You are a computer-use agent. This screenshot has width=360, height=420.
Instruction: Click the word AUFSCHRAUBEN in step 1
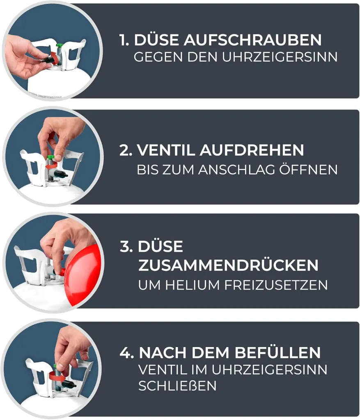pos(252,40)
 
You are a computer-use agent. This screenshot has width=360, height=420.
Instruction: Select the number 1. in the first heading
pos(124,40)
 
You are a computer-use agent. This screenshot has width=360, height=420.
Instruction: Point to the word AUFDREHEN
pos(252,150)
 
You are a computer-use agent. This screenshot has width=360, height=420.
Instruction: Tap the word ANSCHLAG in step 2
pos(237,169)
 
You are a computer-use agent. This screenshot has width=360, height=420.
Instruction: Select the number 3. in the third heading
pos(126,246)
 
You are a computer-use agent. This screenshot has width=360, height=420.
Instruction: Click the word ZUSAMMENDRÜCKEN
pos(228,265)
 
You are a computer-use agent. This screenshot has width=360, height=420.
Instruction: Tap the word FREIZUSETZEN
pos(276,285)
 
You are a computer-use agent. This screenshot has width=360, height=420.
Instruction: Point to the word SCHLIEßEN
pos(177,386)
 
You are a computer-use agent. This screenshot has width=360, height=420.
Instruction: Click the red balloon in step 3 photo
pos(83,274)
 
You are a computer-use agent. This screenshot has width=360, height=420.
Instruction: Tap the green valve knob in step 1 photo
pos(60,46)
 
